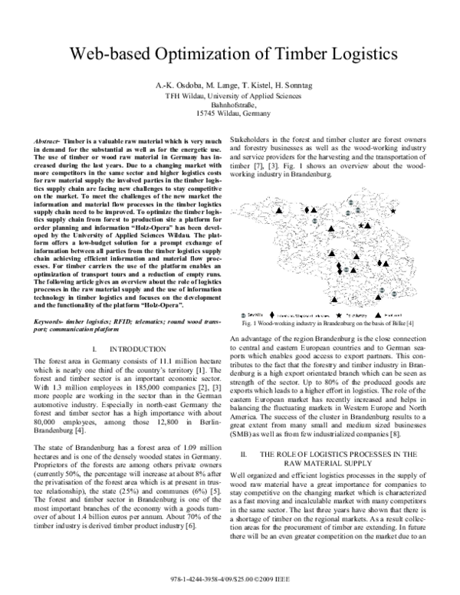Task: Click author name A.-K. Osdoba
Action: coord(177,83)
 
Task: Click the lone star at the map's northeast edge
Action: coord(393,209)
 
